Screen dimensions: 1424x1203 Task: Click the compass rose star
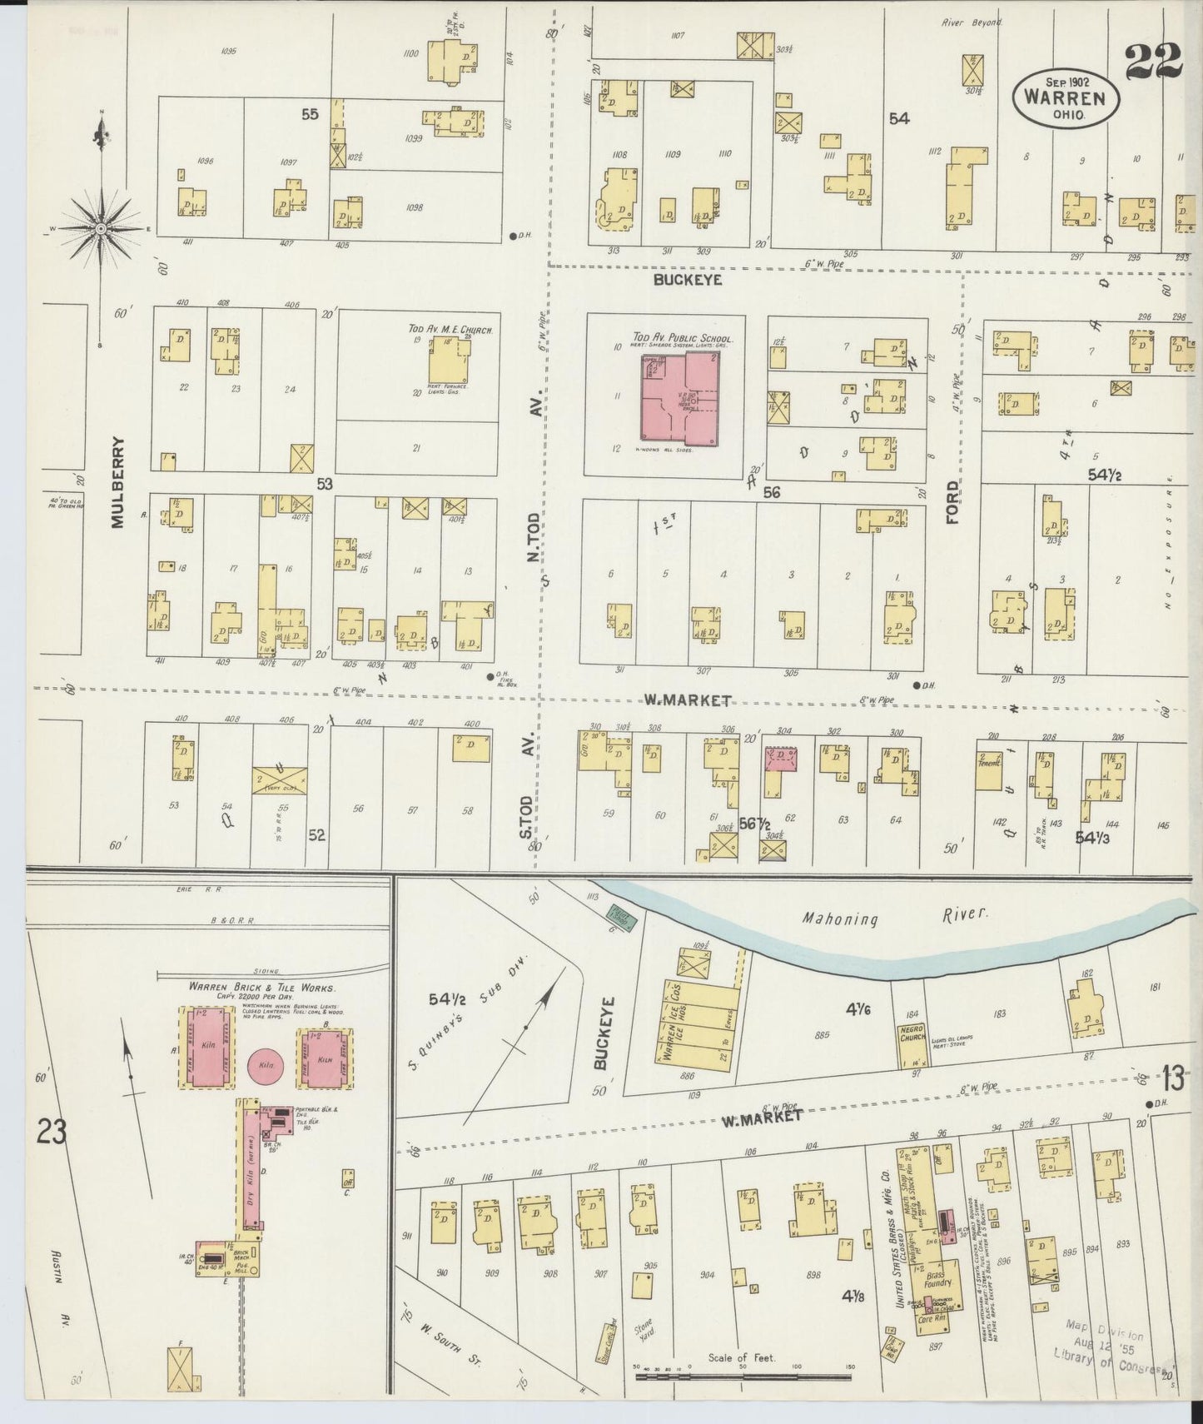coord(100,227)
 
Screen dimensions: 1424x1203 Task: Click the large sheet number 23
coord(52,1133)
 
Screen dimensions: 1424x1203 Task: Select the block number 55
coord(310,115)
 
